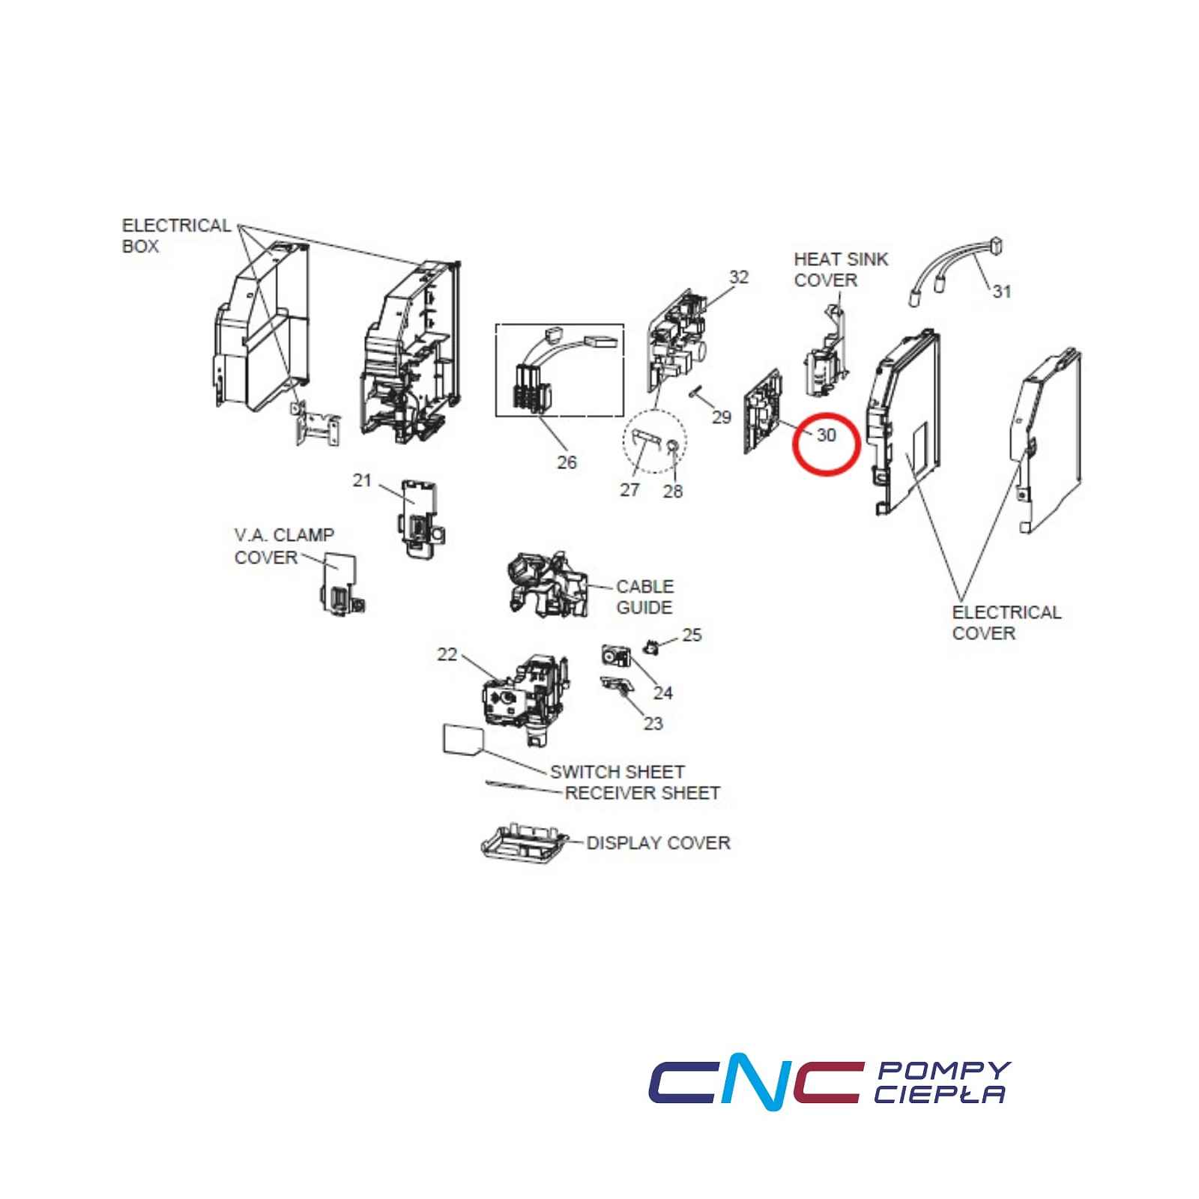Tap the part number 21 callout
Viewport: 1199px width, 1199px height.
tap(362, 480)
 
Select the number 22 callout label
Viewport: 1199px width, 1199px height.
tap(447, 654)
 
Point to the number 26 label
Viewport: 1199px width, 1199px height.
tap(567, 462)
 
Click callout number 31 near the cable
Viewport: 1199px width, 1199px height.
tap(1002, 291)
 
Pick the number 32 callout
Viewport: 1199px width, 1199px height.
tap(739, 277)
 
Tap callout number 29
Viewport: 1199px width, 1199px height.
tap(721, 417)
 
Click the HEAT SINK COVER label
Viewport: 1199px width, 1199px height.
tap(841, 270)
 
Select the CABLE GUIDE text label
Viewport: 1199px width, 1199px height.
tap(644, 597)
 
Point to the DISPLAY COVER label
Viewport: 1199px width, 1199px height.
tap(658, 843)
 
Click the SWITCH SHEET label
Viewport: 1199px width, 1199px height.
tap(617, 772)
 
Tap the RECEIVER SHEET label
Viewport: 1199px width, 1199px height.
tap(642, 793)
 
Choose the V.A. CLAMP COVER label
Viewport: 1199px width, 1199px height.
tap(284, 546)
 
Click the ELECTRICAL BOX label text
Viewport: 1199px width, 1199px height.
tap(176, 236)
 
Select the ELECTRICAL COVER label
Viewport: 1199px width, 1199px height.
tap(1006, 623)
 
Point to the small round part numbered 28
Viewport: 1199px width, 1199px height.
tap(673, 447)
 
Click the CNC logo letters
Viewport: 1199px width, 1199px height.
tap(754, 1084)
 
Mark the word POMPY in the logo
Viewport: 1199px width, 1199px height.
tap(943, 1070)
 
